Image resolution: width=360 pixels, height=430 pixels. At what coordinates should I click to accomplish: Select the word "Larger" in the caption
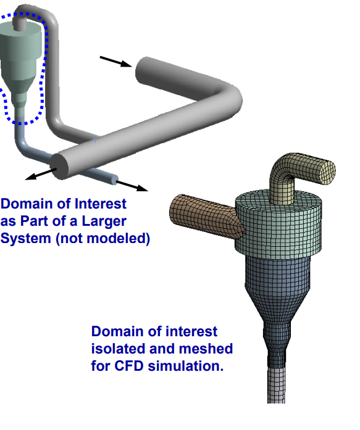104,221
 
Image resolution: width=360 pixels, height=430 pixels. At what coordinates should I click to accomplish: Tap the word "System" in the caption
26,238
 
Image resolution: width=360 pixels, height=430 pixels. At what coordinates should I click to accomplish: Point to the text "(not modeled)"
103,238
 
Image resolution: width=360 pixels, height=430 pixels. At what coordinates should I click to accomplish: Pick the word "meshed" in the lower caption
206,349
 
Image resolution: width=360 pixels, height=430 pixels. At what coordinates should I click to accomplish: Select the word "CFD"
128,366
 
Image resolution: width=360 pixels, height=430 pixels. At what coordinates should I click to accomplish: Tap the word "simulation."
186,366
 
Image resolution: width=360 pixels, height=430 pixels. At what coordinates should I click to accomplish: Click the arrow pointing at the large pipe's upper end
116,62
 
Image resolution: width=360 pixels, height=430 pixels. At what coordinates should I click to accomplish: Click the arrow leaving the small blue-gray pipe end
132,186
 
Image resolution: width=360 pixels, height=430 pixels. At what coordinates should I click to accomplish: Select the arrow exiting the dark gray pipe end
41,174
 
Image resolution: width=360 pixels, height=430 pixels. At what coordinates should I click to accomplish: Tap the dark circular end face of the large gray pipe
59,167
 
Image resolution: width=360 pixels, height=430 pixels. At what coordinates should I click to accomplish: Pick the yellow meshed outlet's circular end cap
326,172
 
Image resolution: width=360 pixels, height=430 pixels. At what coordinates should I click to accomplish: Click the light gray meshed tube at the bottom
276,386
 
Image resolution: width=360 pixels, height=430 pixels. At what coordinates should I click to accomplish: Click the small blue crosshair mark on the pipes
96,139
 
